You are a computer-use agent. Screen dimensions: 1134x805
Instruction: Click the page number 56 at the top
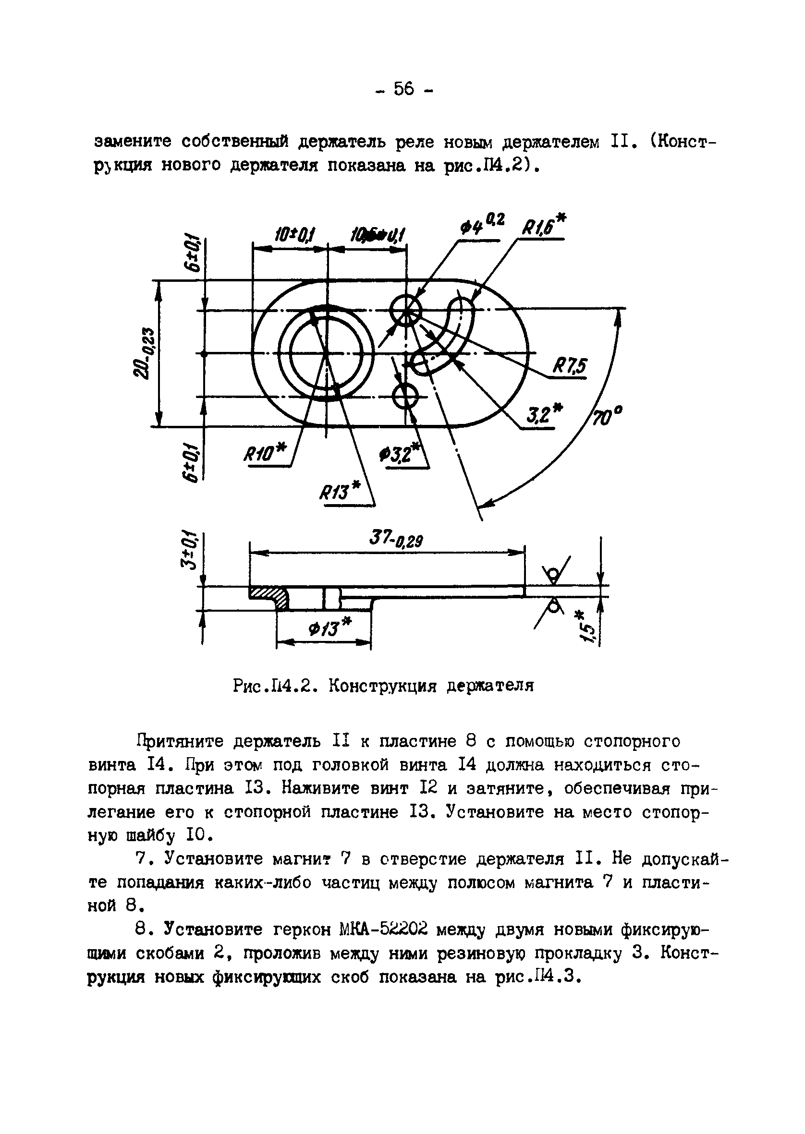point(404,90)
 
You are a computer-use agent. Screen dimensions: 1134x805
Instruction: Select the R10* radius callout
point(265,452)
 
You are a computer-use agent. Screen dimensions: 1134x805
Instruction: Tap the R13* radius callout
point(340,492)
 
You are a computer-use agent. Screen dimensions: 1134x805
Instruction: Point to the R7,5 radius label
point(570,367)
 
